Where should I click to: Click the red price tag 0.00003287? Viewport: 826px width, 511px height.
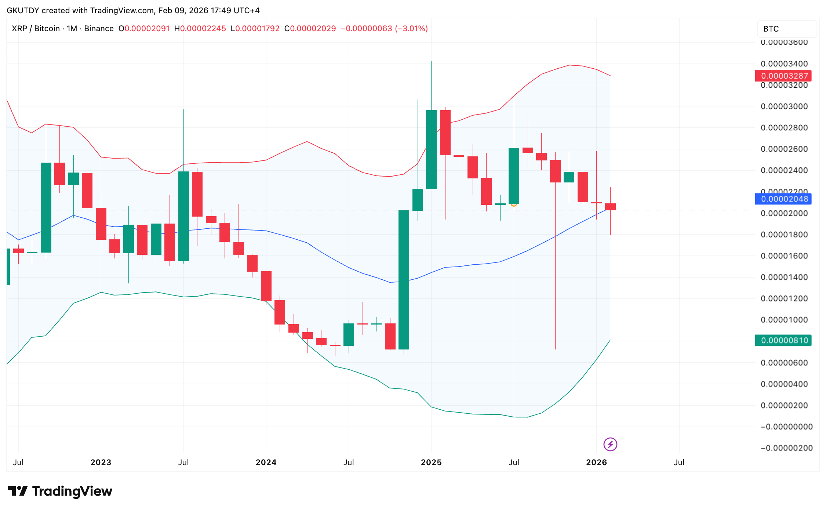coord(784,76)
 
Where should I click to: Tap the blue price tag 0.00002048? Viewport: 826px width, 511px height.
coord(784,199)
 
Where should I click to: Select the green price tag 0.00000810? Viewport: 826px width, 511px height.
coord(784,340)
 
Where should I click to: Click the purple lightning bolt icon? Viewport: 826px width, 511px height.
coord(610,445)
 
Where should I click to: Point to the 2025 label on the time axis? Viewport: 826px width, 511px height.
coord(431,462)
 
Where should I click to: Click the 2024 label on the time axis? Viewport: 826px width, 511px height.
coord(266,462)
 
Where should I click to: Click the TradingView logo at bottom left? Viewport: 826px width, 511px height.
coord(60,491)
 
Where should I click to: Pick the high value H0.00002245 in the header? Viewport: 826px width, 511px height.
coord(200,29)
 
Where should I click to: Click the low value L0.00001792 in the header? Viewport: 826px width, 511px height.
coord(255,29)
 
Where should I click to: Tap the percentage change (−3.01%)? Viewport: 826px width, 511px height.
coord(411,29)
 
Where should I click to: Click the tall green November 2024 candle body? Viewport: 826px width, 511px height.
coord(404,279)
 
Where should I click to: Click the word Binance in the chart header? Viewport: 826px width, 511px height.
coord(99,29)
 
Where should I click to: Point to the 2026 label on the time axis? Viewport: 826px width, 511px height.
coord(596,462)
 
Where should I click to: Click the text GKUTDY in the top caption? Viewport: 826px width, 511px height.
coord(23,10)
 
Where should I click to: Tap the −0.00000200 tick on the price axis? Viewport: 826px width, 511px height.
coord(786,448)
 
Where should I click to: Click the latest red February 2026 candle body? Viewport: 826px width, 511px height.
coord(610,207)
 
